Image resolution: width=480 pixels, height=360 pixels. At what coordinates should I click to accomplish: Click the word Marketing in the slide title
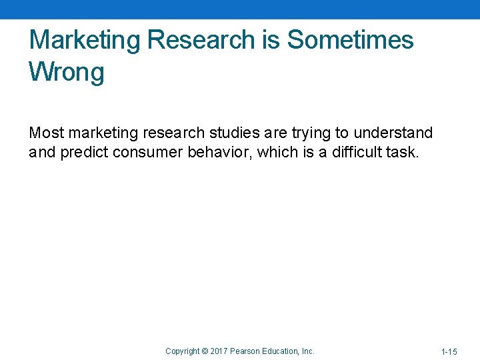85,41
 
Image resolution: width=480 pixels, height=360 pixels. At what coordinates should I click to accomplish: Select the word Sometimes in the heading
350,41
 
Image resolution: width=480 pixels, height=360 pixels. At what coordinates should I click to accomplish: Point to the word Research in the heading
201,41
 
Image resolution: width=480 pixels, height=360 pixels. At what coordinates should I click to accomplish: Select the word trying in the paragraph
310,133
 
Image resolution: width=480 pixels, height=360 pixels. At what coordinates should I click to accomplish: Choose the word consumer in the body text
150,152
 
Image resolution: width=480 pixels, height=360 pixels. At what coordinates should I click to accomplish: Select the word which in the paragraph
275,152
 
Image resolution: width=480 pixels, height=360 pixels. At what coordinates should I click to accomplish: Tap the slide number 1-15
449,351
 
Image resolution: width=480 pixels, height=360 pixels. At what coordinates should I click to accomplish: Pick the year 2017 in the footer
219,351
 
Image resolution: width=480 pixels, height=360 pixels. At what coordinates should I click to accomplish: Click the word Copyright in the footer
182,351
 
